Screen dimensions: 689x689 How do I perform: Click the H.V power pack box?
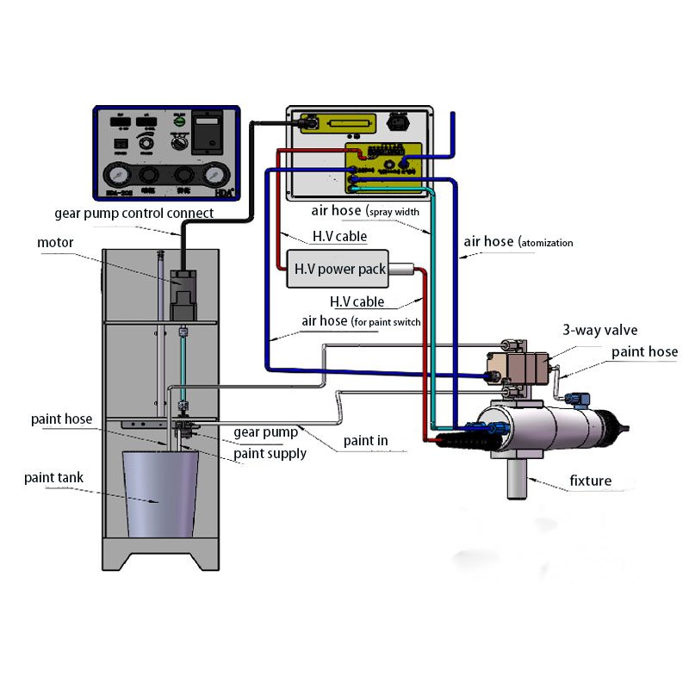[x=340, y=270]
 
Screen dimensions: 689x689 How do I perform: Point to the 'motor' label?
[x=55, y=242]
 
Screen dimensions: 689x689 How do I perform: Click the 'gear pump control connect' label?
[x=133, y=213]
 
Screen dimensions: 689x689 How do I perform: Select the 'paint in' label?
[x=365, y=441]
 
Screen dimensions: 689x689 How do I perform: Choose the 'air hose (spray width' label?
[x=365, y=211]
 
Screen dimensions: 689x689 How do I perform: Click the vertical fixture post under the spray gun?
[x=517, y=478]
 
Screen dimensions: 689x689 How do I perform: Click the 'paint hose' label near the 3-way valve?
[x=644, y=351]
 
